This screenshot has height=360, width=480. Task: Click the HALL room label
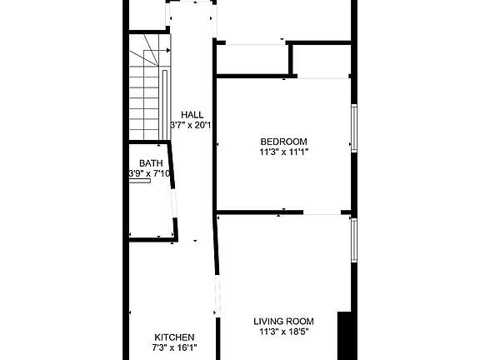192,114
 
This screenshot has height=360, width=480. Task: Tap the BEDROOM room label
283,141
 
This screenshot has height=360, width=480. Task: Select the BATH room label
151,162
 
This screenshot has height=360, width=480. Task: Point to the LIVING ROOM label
283,321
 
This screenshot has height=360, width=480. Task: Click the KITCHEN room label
173,337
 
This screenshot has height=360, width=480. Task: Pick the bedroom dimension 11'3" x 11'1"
283,152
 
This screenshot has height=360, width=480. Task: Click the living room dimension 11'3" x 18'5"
283,332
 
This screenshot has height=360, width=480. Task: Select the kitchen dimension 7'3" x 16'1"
173,348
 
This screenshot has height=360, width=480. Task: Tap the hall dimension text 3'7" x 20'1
192,126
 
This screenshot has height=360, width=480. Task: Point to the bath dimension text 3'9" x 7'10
149,173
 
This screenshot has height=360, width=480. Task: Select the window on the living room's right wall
353,239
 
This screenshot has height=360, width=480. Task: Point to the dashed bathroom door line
174,200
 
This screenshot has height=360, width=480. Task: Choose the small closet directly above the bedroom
252,60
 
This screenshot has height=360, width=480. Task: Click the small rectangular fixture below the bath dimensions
139,182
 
